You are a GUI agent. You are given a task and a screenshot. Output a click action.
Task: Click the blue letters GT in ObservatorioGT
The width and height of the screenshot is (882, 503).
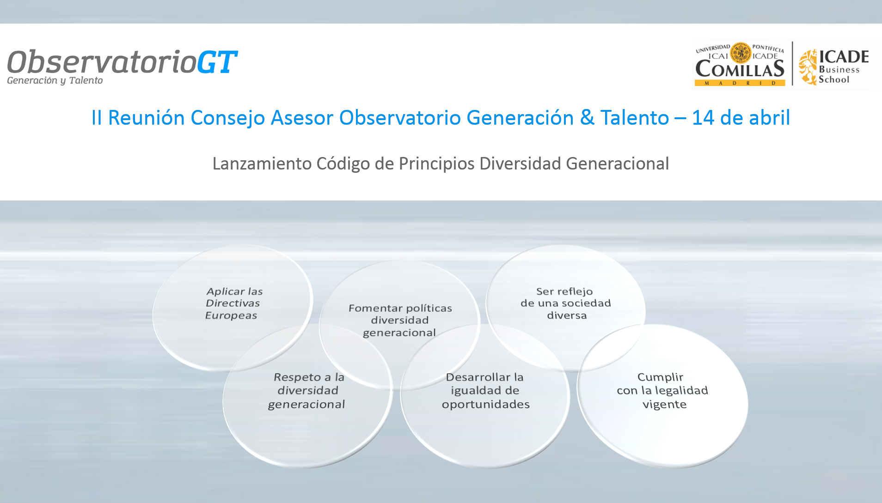[217, 62]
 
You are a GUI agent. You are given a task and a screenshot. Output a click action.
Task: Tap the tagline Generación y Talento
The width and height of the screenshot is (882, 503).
[55, 80]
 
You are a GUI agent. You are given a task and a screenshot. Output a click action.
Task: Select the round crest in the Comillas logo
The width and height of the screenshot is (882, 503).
[741, 53]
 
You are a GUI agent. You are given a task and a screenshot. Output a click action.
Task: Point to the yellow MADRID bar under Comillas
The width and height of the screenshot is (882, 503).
[740, 83]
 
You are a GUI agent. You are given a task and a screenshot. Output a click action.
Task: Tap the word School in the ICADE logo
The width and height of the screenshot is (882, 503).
[834, 79]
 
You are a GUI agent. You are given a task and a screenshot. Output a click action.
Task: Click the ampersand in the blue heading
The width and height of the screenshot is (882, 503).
[587, 117]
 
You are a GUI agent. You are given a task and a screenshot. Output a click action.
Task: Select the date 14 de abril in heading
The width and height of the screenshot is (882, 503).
[741, 117]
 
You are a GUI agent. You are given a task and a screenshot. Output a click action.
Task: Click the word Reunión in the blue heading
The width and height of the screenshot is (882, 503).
[146, 117]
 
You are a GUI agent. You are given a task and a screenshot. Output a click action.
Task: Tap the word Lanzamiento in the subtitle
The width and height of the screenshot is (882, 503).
[262, 164]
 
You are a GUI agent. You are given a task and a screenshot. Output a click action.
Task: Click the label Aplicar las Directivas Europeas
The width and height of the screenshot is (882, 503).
[233, 303]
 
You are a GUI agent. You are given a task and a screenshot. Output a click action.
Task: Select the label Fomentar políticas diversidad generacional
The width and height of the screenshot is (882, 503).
[400, 320]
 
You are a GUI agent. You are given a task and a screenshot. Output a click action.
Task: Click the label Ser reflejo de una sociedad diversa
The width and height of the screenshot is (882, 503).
[566, 303]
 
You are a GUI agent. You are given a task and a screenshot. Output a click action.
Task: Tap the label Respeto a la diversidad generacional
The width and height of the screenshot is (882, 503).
[306, 391]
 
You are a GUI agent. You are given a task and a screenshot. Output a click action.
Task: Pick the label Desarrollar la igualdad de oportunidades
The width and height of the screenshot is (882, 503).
[485, 391]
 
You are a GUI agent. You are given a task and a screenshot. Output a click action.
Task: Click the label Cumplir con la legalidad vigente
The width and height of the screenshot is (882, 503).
[662, 391]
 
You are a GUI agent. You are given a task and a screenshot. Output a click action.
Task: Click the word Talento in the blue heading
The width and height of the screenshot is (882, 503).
[635, 117]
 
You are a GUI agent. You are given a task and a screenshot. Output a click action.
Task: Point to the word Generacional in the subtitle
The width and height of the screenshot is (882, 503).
[618, 164]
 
